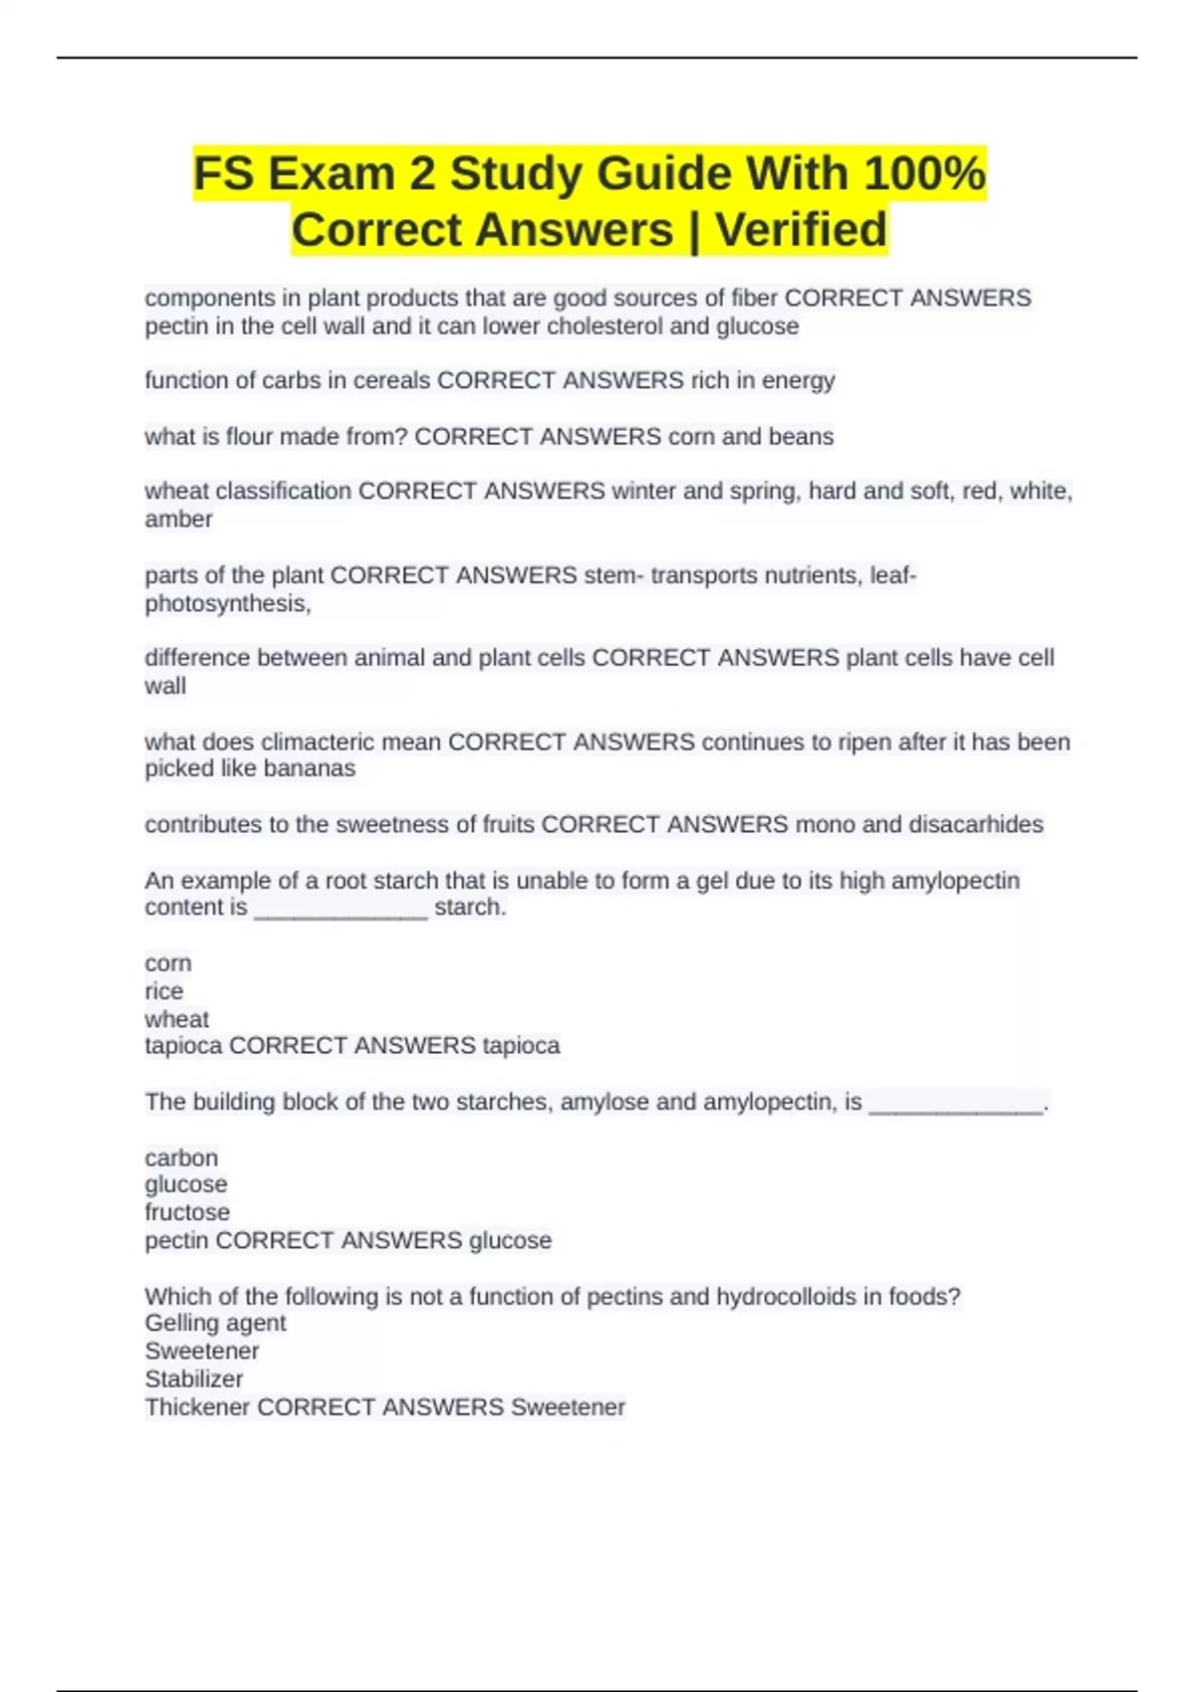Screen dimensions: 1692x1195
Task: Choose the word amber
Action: [178, 519]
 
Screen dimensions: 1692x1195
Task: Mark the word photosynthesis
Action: [227, 603]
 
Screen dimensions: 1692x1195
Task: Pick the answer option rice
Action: [163, 990]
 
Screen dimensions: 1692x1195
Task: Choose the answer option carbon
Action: [180, 1158]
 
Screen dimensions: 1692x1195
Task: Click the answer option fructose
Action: [187, 1212]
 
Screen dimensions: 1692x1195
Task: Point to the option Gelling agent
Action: [215, 1323]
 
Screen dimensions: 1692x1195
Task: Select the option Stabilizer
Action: [193, 1378]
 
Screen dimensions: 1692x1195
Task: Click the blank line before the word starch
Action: [341, 910]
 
